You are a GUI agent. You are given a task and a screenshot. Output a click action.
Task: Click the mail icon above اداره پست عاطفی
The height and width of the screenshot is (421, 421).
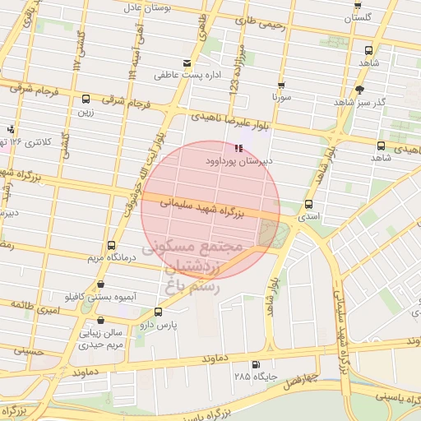(x=187, y=63)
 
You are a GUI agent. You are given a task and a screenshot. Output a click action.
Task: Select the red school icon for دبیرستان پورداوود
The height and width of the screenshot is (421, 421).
(x=238, y=149)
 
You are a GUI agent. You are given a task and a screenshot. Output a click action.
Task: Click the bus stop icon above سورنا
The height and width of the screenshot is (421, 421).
(x=281, y=85)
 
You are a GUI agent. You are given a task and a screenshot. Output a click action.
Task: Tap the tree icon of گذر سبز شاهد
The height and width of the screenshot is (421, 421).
(x=359, y=90)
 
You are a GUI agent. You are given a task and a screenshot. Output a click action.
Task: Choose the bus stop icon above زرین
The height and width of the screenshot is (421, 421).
(x=86, y=99)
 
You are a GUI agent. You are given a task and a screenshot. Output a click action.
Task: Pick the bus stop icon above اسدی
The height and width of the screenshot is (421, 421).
(x=309, y=204)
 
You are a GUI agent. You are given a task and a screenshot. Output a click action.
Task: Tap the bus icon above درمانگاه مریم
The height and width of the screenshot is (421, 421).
(x=112, y=245)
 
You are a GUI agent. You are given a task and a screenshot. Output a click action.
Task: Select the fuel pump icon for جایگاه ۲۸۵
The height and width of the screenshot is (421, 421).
(x=255, y=364)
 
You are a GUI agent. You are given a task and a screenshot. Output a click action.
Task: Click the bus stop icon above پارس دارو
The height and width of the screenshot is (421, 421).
(x=158, y=312)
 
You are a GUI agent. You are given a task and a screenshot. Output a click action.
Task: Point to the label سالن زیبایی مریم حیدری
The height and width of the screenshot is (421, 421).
(x=100, y=340)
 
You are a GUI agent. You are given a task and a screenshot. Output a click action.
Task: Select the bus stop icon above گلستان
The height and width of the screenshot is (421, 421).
(x=359, y=4)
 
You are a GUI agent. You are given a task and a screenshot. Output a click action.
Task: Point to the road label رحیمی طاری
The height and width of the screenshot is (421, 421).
(x=260, y=25)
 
